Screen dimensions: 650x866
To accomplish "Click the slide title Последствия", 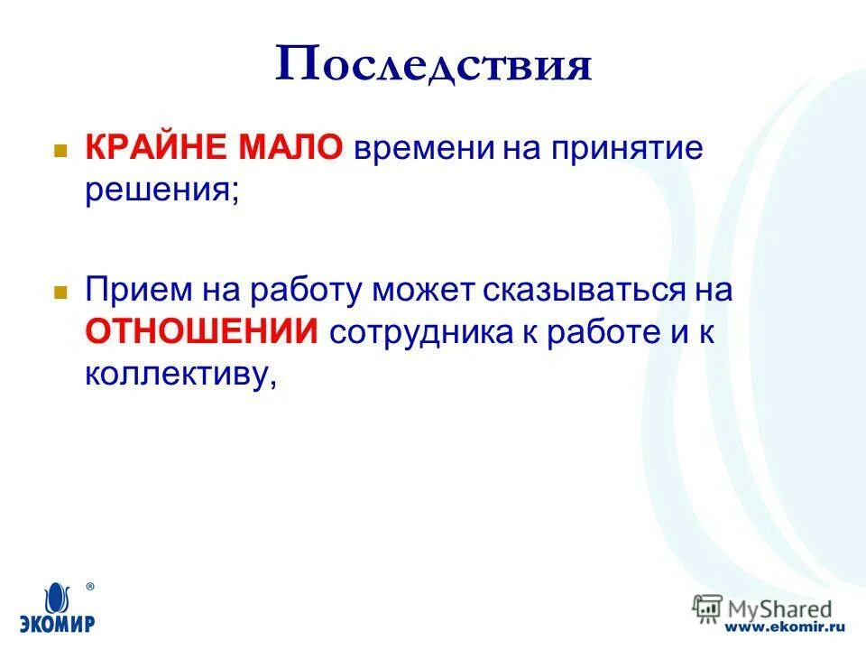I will click(433, 66).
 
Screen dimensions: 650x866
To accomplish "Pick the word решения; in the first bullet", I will click(162, 190).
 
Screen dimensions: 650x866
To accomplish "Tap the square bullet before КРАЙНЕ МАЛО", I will click(60, 150).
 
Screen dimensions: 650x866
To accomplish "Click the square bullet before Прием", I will click(60, 292).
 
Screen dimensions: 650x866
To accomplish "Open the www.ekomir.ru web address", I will click(785, 626).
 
